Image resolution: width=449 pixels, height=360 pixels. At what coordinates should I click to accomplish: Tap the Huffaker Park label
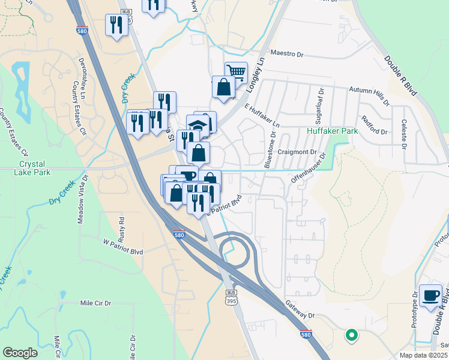click(x=332, y=130)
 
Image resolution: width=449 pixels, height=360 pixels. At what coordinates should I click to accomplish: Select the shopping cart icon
click(x=237, y=73)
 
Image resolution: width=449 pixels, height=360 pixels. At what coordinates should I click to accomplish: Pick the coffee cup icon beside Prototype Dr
click(x=430, y=295)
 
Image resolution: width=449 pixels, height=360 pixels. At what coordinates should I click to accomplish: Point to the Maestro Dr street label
click(x=287, y=54)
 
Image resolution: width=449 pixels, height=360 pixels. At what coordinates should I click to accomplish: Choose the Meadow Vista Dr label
click(x=82, y=199)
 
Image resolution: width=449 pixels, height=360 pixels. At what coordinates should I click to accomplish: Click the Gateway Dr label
click(x=300, y=310)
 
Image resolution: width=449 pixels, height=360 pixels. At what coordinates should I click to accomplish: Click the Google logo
click(x=20, y=353)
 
